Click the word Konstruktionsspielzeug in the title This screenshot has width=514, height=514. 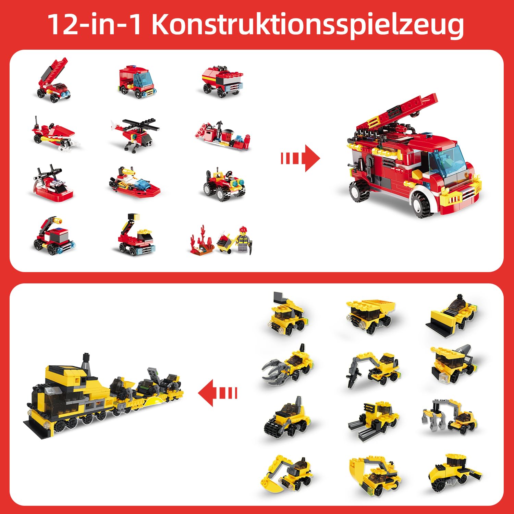(x=307, y=25)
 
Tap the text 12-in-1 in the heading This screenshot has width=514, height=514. (x=94, y=25)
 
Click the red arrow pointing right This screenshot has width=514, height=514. (x=301, y=158)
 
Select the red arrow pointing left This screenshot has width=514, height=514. (x=218, y=393)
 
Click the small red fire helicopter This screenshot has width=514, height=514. (x=135, y=134)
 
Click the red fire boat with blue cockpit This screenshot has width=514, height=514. (x=134, y=183)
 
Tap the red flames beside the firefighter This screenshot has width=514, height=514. (x=199, y=240)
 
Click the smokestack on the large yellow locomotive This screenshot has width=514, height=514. (x=86, y=363)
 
